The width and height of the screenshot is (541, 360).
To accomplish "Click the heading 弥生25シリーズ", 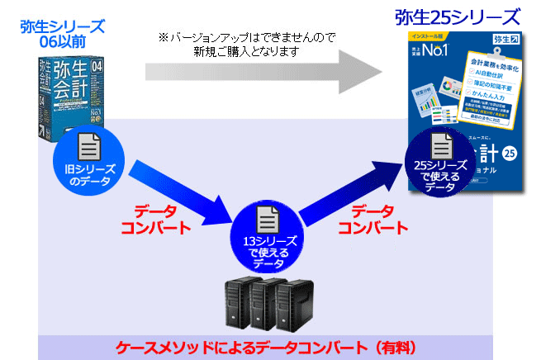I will pyautogui.click(x=458, y=17).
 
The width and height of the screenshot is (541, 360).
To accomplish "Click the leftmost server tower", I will pyautogui.click(x=238, y=306).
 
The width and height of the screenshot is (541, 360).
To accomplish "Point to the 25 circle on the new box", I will pyautogui.click(x=509, y=155).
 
